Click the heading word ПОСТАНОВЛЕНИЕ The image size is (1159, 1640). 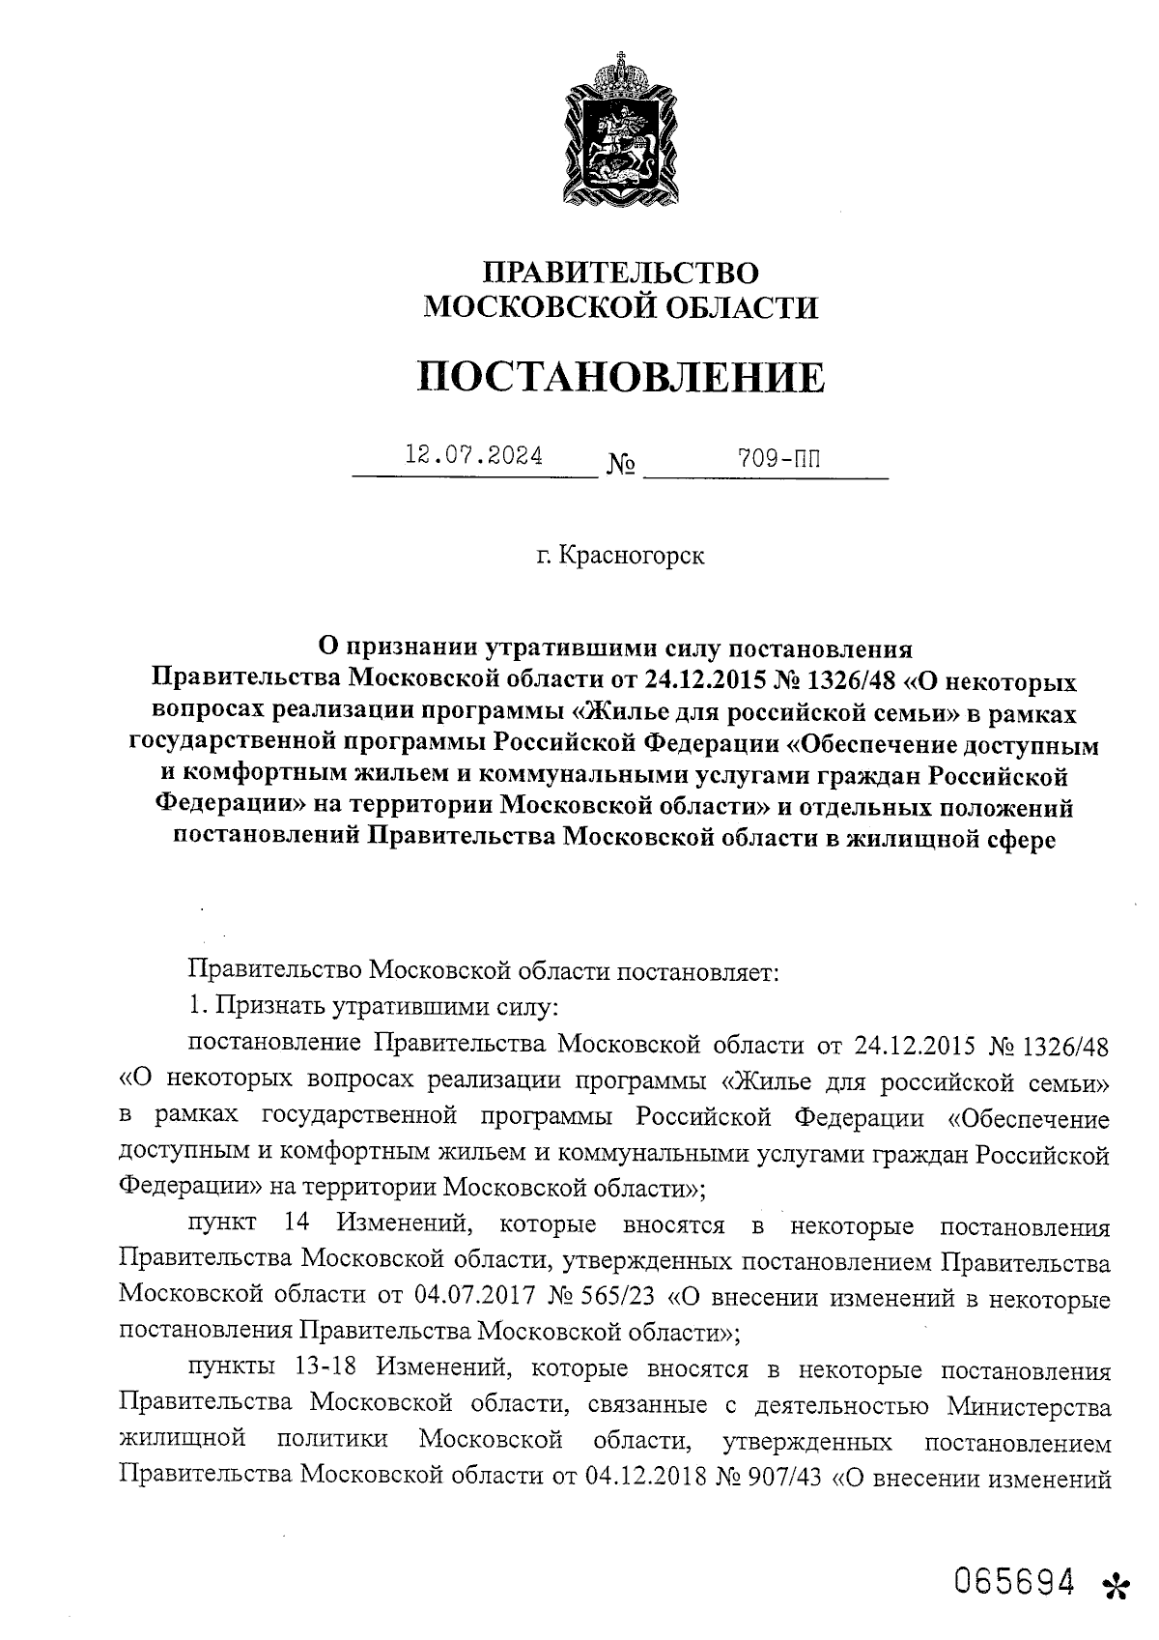[x=621, y=377]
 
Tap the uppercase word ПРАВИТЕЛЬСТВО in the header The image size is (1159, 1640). [x=621, y=273]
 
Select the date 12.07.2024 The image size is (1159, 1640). [x=473, y=455]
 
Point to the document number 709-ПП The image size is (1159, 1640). [x=777, y=458]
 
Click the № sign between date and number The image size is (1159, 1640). [x=621, y=466]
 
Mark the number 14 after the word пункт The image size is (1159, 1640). [x=297, y=1224]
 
